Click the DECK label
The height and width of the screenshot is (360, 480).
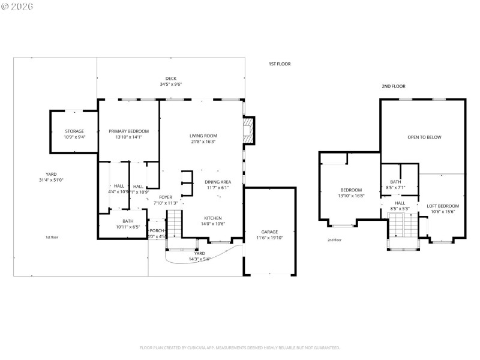click(x=171, y=79)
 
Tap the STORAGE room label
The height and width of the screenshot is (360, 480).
click(x=74, y=131)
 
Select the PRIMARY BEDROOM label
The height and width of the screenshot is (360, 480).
click(x=128, y=131)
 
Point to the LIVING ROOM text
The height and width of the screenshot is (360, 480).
click(x=203, y=136)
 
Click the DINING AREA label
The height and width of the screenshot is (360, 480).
click(x=218, y=182)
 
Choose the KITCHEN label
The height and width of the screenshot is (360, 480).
click(x=212, y=218)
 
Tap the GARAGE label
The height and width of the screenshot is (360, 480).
click(x=269, y=232)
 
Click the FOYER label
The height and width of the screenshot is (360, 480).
click(x=166, y=197)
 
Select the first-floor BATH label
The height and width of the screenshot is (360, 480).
click(x=128, y=221)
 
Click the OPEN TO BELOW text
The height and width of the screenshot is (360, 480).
click(x=424, y=137)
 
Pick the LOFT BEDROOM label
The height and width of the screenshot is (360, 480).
click(x=443, y=206)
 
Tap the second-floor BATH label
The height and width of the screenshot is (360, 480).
click(x=395, y=182)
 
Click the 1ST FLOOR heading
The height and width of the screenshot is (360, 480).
click(x=279, y=64)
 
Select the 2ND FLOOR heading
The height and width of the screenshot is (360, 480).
click(x=394, y=86)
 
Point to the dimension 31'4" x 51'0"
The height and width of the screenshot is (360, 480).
click(x=51, y=180)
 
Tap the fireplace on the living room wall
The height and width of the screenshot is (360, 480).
click(x=248, y=131)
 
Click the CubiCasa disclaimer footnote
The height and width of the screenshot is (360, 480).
click(x=240, y=347)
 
